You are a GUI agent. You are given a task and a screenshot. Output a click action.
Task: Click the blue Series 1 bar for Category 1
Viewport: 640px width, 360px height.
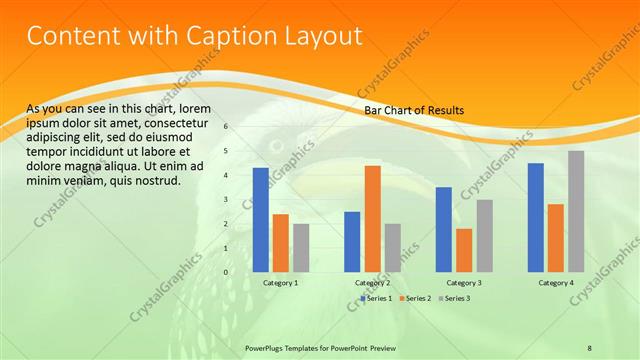tap(261, 220)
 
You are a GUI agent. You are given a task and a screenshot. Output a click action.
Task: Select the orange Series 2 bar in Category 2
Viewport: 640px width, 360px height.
tap(372, 219)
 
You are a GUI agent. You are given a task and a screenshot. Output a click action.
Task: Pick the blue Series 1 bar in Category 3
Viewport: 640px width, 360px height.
tap(443, 230)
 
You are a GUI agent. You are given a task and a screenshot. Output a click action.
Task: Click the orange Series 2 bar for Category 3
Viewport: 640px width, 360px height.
tap(463, 250)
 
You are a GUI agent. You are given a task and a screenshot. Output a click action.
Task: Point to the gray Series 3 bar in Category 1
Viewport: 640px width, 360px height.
tap(301, 248)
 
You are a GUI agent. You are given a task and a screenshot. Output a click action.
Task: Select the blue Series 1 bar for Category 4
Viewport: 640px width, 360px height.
tap(535, 217)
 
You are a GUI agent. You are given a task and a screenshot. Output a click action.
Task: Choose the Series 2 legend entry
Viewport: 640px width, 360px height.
tap(415, 298)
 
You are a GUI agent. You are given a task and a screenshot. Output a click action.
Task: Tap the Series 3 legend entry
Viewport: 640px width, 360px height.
tap(456, 298)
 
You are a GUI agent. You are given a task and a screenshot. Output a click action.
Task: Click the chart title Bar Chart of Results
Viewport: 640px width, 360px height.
tap(413, 110)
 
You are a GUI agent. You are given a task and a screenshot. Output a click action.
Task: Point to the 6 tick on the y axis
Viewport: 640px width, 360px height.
tap(226, 127)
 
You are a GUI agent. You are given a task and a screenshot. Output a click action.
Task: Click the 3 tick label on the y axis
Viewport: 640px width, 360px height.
tap(226, 200)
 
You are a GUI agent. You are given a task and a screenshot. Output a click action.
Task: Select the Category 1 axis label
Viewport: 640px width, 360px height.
tap(281, 283)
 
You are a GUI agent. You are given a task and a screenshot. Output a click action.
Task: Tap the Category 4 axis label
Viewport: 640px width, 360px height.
tap(556, 283)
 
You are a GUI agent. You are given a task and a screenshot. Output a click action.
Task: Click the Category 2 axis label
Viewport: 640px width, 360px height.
tap(372, 283)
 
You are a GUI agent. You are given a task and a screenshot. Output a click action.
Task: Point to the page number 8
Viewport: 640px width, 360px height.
tap(590, 347)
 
